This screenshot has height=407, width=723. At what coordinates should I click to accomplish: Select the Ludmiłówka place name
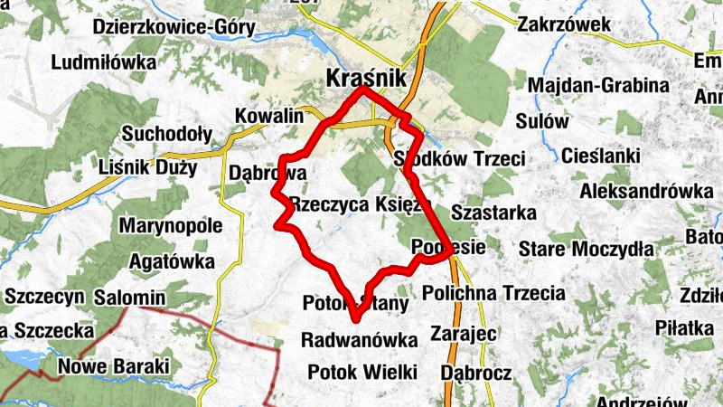(104, 63)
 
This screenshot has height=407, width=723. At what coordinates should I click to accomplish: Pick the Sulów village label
(542, 121)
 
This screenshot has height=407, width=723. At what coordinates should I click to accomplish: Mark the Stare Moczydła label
(586, 249)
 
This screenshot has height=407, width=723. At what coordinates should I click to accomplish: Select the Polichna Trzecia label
(493, 293)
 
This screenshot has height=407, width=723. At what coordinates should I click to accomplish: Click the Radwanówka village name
(360, 340)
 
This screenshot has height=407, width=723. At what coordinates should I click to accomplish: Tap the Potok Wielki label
(361, 372)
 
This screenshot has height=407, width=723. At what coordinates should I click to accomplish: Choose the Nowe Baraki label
(113, 367)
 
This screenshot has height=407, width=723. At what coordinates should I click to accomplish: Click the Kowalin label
(268, 117)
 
